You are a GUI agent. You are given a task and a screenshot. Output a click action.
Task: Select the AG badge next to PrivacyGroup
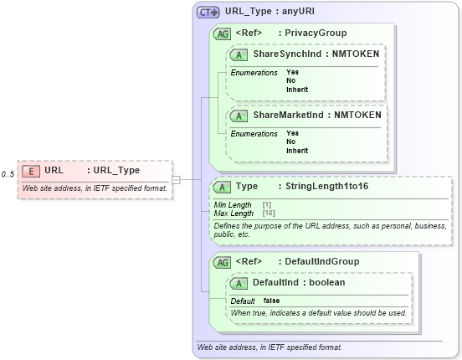pos(223,33)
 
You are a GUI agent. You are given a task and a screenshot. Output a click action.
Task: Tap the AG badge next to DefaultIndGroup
pos(223,262)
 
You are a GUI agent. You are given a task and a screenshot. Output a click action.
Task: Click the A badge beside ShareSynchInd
pos(239,54)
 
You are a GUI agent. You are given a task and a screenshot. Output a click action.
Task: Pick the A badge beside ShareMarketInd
pos(239,115)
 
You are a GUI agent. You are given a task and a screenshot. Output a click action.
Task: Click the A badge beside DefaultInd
pos(239,283)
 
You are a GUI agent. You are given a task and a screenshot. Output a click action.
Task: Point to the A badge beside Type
pos(223,187)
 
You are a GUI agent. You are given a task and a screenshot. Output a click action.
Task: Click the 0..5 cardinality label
pos(8,174)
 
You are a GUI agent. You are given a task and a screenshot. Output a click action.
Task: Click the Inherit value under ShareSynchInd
pos(297,90)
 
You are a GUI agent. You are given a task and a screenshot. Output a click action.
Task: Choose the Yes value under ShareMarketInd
pos(292,133)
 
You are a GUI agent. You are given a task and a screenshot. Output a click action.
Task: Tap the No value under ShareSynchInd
pos(290,80)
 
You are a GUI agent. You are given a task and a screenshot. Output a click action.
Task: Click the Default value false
pos(272,301)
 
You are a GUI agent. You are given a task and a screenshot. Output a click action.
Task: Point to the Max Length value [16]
pos(269,213)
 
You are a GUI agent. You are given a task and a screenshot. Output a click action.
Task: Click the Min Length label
pos(233,205)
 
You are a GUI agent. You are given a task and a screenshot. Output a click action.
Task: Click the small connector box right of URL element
pos(177,179)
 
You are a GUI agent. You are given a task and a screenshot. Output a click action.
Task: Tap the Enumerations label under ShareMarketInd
pos(254,133)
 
